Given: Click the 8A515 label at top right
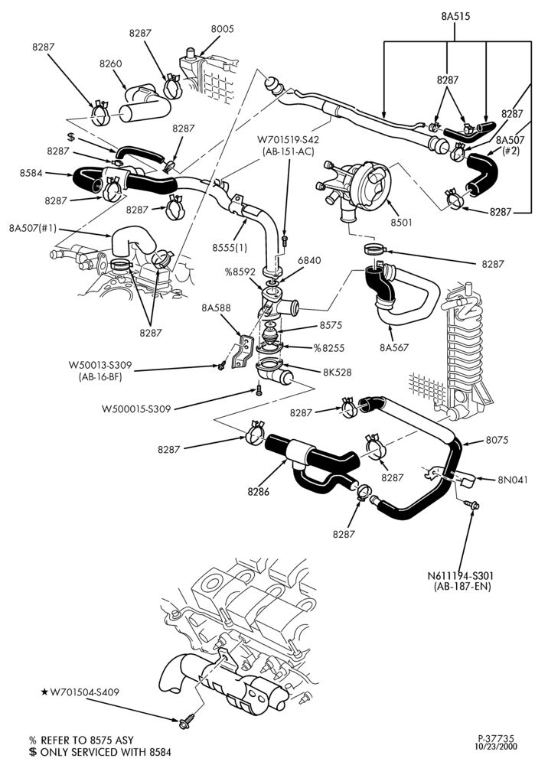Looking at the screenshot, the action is [x=455, y=16].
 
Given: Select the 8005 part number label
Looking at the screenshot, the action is [x=222, y=29].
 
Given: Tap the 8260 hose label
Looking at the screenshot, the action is [x=111, y=63].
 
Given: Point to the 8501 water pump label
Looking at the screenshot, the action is [x=401, y=223].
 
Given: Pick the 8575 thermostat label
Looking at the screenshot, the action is [x=331, y=325].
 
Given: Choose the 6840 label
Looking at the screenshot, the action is [x=309, y=261].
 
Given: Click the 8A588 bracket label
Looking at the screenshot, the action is [x=216, y=308].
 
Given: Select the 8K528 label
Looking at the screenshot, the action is [x=337, y=373].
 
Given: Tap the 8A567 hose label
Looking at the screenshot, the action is [x=394, y=348].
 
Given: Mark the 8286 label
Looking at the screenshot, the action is [x=259, y=492].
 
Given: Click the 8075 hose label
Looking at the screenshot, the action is [x=497, y=440].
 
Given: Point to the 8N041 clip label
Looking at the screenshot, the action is [x=513, y=480].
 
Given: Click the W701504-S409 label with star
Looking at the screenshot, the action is [x=80, y=692].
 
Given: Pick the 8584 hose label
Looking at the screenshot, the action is [x=31, y=173].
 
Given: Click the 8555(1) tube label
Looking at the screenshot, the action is [x=230, y=248].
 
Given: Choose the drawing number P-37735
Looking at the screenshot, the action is [x=495, y=739].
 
